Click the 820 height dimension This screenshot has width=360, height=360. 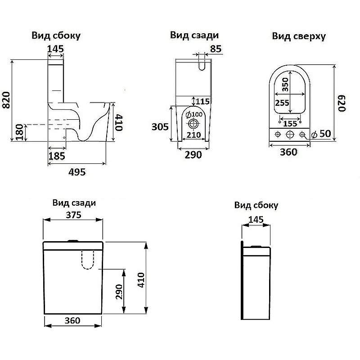[x=6, y=100]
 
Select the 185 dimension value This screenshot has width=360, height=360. [x=57, y=156]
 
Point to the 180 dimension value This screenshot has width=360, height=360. [x=19, y=132]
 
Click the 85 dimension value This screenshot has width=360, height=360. [x=216, y=49]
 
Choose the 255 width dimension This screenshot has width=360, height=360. [x=282, y=103]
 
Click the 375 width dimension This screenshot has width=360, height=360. [x=73, y=216]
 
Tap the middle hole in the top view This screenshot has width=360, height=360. [x=290, y=134]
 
